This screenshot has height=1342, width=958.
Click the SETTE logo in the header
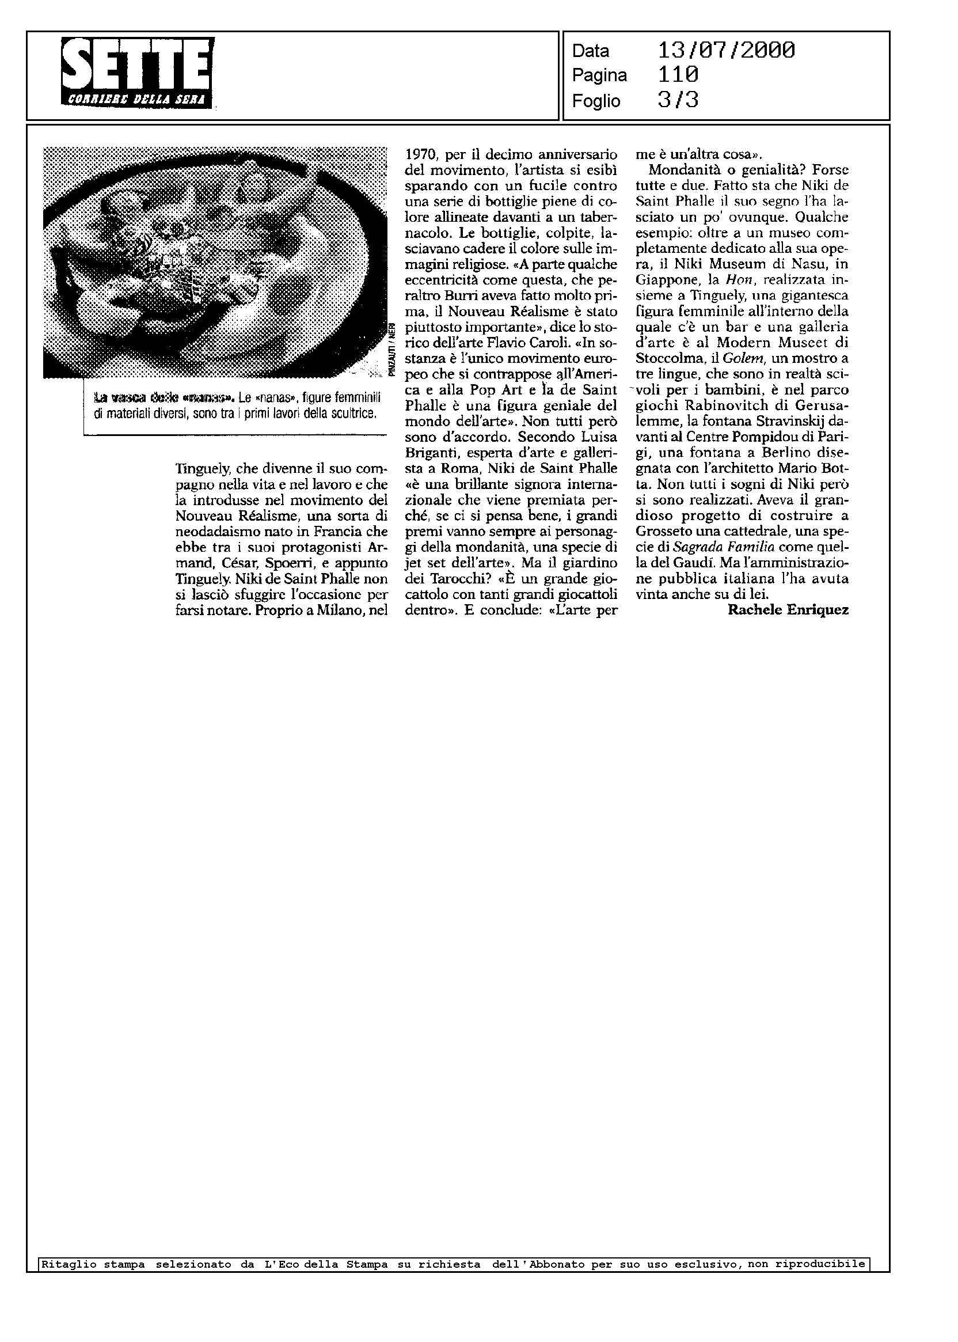pos(138,72)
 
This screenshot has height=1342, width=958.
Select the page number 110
pos(678,75)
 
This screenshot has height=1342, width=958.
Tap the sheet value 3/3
pos(678,101)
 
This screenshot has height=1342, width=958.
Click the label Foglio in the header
pos(596,101)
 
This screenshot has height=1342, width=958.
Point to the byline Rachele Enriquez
pos(788,610)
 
